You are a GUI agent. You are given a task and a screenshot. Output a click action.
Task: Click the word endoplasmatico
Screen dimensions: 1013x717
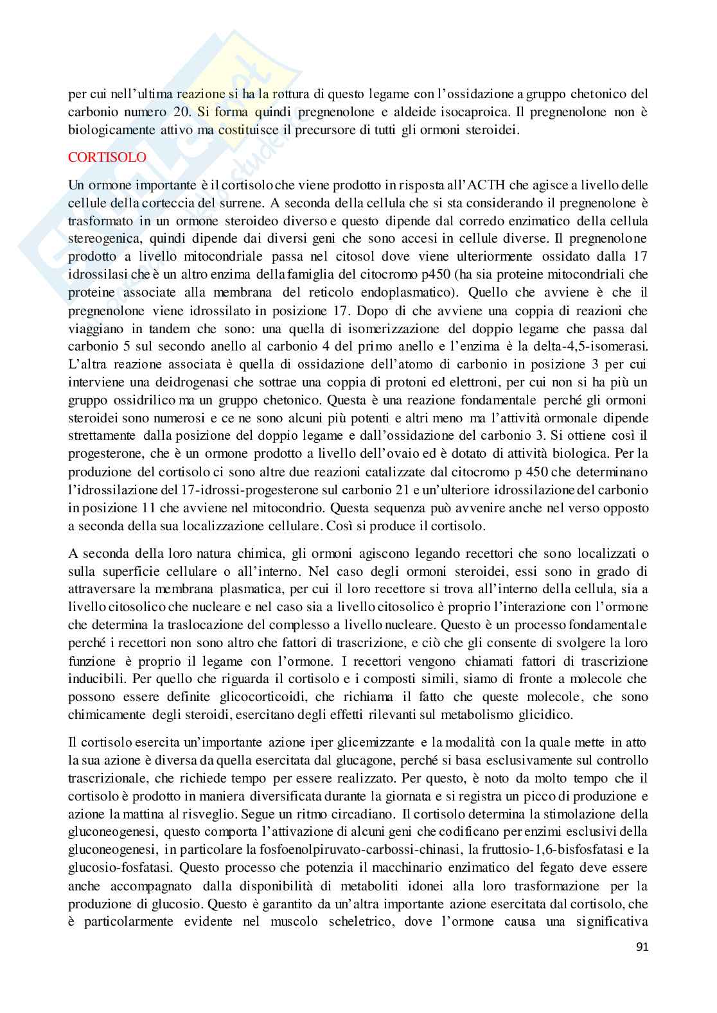pos(385,293)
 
